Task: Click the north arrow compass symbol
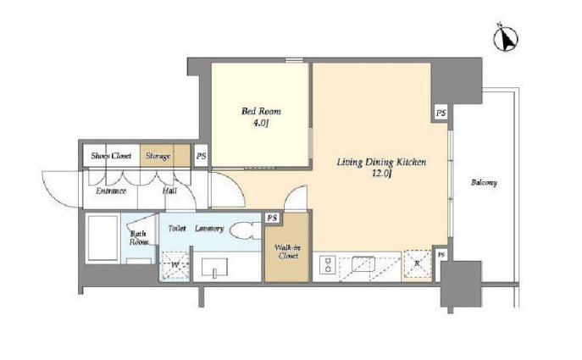[x=505, y=38]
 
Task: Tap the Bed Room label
[x=261, y=111]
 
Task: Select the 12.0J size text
[x=382, y=174]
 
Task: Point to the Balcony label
[x=484, y=183]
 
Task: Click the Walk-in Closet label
[x=288, y=252]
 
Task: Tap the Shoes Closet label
[x=111, y=156]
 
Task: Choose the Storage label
[x=158, y=156]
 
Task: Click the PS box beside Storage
[x=201, y=156]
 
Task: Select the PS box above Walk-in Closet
[x=273, y=218]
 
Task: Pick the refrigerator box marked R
[x=417, y=264]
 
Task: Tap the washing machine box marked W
[x=175, y=265]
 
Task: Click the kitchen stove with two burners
[x=328, y=264]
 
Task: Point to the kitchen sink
[x=363, y=264]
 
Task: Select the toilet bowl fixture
[x=246, y=231]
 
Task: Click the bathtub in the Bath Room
[x=103, y=238]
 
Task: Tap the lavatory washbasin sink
[x=214, y=267]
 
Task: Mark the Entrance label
[x=111, y=191]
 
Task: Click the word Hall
[x=169, y=191]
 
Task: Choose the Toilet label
[x=177, y=229]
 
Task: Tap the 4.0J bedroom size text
[x=261, y=123]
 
